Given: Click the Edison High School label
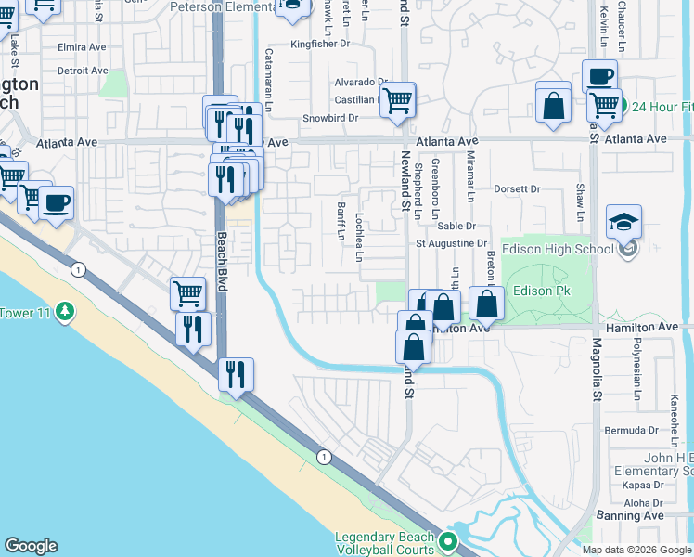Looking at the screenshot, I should pos(557,248).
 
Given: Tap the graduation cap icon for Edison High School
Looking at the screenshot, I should pos(623,222).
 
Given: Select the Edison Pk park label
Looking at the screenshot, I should pos(539,291).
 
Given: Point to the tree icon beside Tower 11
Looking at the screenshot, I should pos(64,310).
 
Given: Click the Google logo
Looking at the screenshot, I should pos(31,546).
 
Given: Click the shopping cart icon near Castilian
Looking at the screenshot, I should pos(399,99).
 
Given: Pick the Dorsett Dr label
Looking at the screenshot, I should pos(516,188).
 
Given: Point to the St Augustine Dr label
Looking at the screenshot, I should pos(451,243).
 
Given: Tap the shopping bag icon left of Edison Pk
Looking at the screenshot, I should pos(487,303).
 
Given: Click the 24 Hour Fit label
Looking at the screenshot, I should pos(662,106).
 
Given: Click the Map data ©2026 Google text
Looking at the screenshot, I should pos(636,550).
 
